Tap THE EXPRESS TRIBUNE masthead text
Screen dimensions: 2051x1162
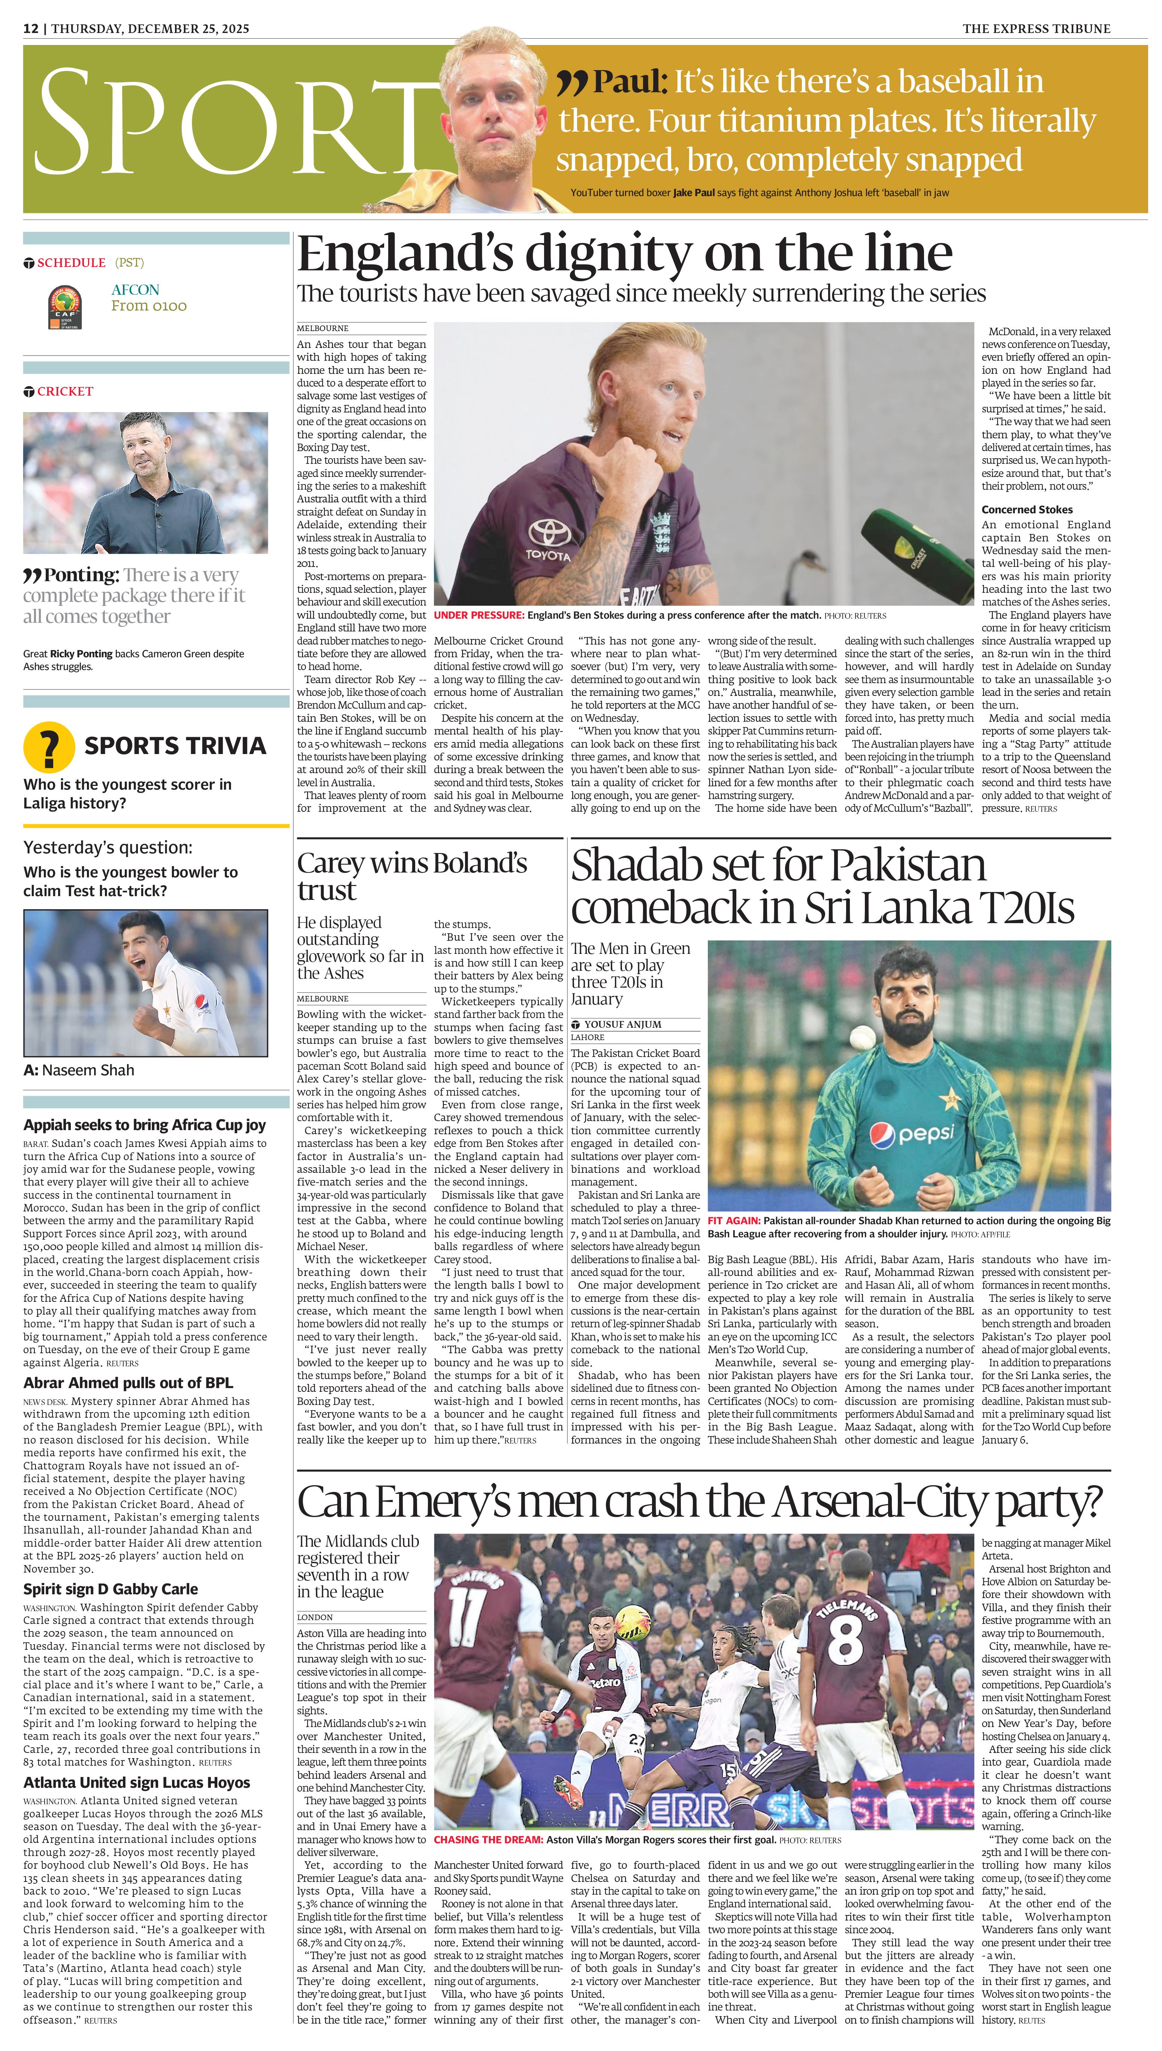(x=1036, y=29)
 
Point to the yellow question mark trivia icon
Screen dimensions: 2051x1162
(x=49, y=747)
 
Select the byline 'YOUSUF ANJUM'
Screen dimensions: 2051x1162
(x=622, y=1024)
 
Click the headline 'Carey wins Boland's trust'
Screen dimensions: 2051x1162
(x=412, y=876)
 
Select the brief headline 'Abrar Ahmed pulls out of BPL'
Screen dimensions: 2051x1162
(x=128, y=1383)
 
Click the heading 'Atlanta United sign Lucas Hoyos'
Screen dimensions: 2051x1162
(x=136, y=1783)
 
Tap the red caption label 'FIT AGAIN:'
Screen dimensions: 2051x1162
(x=733, y=1221)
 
